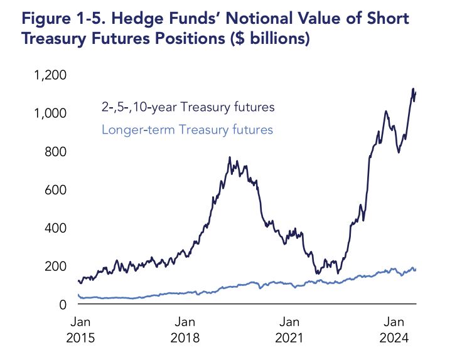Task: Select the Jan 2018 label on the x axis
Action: (185, 330)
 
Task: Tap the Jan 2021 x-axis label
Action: (289, 330)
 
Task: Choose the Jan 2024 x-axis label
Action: (394, 330)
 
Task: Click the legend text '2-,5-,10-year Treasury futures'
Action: (188, 107)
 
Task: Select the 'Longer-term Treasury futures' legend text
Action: (186, 130)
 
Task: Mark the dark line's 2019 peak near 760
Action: (230, 157)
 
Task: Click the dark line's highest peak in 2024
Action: (413, 89)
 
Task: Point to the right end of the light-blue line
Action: (416, 270)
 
